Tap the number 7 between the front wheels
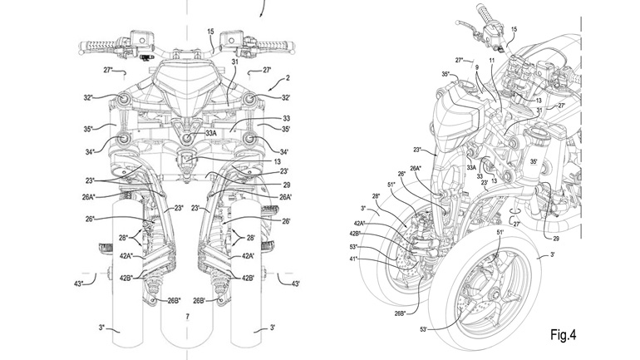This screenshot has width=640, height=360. pos(188,318)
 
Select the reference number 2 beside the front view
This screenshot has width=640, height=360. pos(287,77)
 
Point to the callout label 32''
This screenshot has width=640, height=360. pos(88,97)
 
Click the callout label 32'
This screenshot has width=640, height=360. pos(285,97)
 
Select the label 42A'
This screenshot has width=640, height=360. pos(248,257)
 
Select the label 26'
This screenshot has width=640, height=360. pos(286,220)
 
